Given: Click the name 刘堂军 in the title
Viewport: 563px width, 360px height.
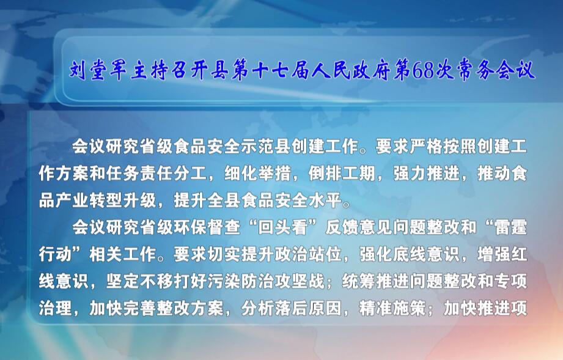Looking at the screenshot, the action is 98,70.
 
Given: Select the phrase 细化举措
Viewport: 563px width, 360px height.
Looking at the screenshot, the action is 257,174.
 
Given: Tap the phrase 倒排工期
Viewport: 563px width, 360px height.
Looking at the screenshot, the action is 341,174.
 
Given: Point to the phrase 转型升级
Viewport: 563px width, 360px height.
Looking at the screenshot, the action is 123,200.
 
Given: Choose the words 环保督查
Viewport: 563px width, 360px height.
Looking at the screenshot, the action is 207,227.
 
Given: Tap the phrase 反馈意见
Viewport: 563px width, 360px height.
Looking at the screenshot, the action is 358,227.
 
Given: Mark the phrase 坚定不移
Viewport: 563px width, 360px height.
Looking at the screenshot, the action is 139,281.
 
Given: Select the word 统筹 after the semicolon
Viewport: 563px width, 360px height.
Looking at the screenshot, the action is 358,281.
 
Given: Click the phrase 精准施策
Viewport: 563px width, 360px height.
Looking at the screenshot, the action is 392,308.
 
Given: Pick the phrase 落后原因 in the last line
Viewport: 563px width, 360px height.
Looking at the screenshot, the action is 307,308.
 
